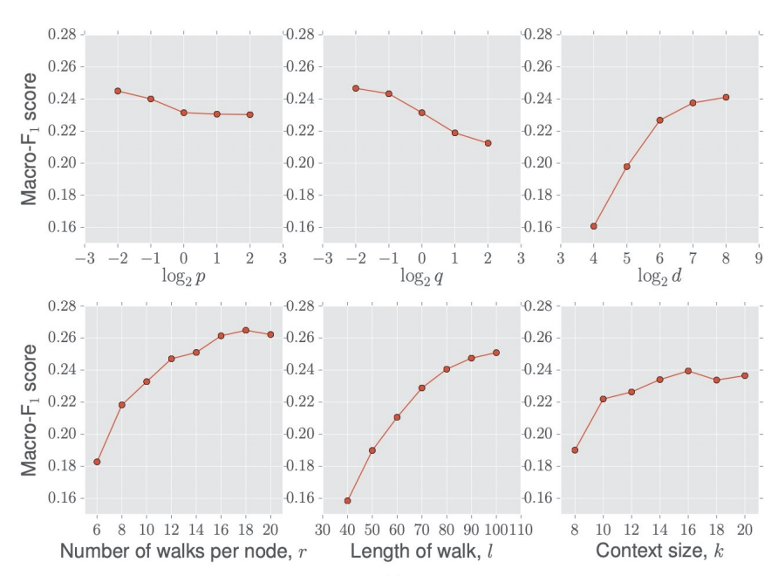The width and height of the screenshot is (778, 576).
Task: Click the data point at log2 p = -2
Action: [118, 91]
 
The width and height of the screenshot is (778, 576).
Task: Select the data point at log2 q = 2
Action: [488, 143]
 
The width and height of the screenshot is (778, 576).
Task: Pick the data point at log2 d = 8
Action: [726, 97]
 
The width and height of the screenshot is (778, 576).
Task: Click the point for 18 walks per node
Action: [246, 330]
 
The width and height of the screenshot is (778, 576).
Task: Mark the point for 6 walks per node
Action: [97, 462]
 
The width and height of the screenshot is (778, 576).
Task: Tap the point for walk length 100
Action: [495, 353]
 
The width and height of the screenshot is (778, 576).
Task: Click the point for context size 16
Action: [688, 371]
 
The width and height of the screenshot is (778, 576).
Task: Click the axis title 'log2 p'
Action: [183, 277]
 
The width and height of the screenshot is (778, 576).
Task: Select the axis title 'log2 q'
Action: [421, 277]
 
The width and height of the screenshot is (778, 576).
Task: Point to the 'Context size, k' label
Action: [659, 552]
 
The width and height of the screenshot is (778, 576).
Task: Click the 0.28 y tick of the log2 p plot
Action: [65, 34]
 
